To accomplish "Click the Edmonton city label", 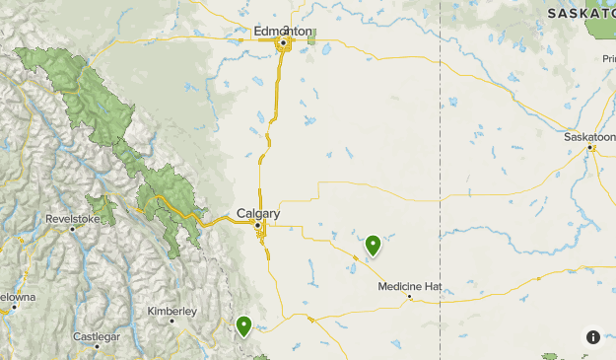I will coord(282,31).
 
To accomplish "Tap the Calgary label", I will coord(258,213).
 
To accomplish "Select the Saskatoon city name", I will coord(588,137).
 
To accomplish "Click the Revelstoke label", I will coord(72,218).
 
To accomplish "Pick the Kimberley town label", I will coord(172,311).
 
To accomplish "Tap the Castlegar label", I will coord(98,336).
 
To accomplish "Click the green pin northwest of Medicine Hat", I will coord(373,245).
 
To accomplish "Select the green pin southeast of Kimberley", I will coord(243,324).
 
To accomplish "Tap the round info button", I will coord(593,337).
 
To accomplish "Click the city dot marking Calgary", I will coord(258,226).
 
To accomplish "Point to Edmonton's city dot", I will coord(283,43).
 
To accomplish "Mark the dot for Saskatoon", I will coord(589,148).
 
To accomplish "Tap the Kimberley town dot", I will coord(171,321).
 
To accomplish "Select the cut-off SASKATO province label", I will coord(582,13).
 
